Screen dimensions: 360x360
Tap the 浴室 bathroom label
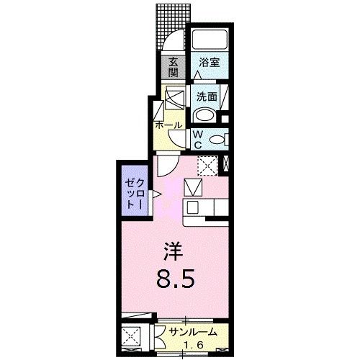pyautogui.click(x=210, y=63)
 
